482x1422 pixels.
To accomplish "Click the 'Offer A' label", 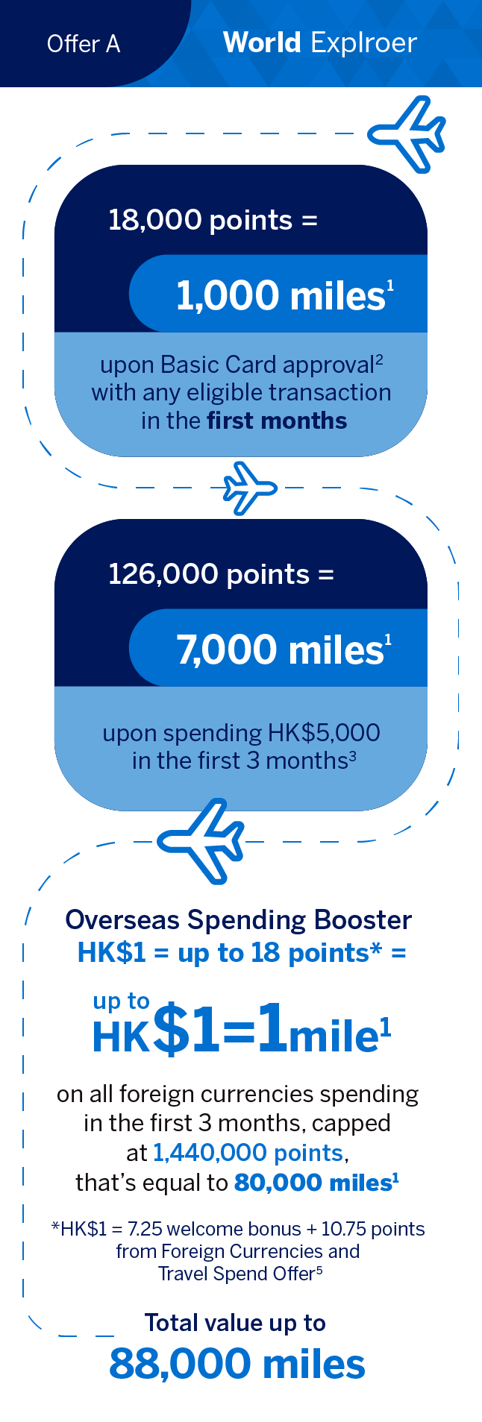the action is (x=84, y=44).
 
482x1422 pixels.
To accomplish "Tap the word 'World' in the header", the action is (x=262, y=43).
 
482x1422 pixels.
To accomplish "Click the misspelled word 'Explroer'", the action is (x=364, y=44).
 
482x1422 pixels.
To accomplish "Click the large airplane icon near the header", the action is (x=407, y=134).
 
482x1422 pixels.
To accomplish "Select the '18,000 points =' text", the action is (x=213, y=220).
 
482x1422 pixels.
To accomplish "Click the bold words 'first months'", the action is (x=277, y=421).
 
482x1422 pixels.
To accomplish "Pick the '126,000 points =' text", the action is (x=221, y=574).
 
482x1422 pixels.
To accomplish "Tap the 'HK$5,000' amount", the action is (x=324, y=733).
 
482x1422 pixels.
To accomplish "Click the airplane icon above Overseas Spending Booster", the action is (x=201, y=841).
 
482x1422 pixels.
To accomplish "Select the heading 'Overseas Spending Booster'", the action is (x=238, y=920).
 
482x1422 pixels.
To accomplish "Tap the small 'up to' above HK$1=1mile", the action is (x=121, y=1001).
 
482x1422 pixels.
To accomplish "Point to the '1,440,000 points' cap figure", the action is (x=248, y=1153).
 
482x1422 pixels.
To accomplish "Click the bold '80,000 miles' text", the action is (x=313, y=1183).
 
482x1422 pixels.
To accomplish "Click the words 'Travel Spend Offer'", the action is (x=236, y=1274).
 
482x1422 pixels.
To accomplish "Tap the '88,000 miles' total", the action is (x=237, y=1364).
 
